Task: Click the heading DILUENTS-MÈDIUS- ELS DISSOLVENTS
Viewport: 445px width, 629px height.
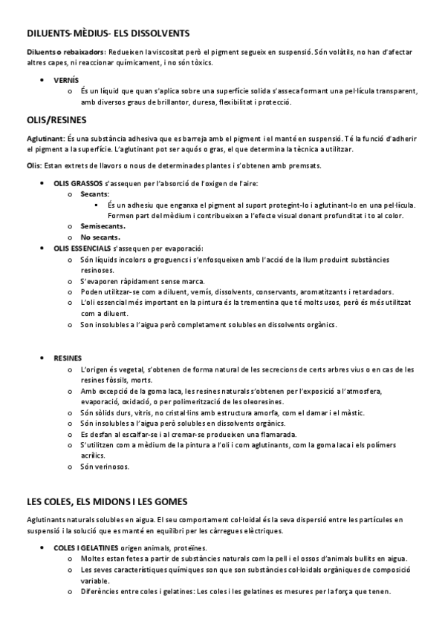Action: point(108,33)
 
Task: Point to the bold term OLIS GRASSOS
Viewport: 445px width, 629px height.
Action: point(78,182)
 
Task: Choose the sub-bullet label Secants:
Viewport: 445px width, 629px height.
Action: point(95,194)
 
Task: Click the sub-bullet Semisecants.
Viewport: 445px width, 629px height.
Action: point(103,226)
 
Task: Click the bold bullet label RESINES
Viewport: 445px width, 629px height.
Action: point(68,358)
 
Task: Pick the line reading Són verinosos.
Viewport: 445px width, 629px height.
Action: point(105,467)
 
